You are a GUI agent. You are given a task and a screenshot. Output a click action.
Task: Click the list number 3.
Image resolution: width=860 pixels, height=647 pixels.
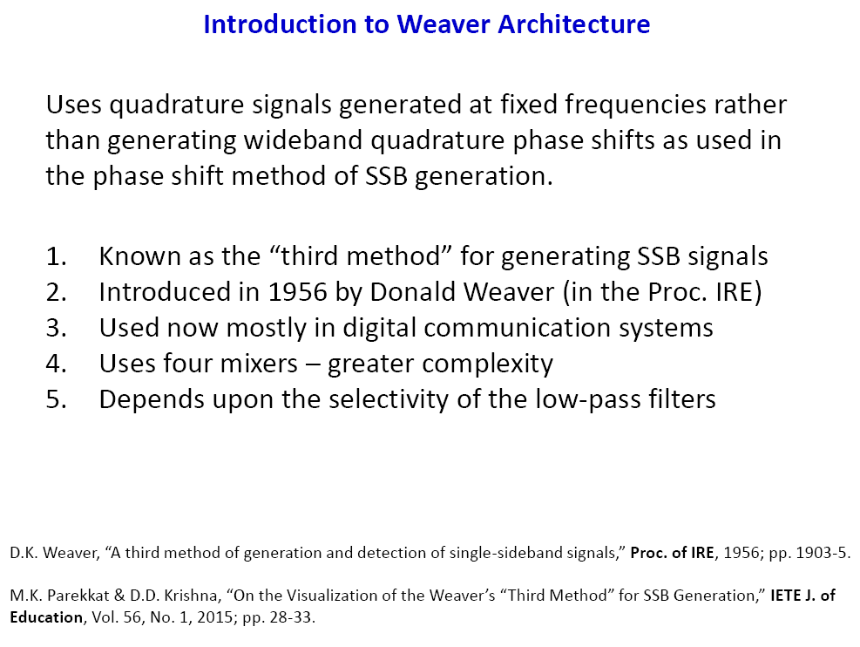coord(56,328)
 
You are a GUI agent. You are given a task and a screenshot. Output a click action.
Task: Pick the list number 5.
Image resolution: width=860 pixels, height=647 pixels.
coord(56,399)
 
